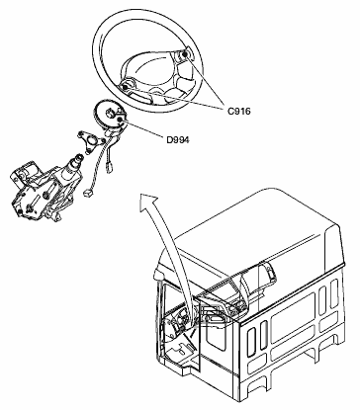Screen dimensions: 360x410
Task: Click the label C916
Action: click(x=239, y=111)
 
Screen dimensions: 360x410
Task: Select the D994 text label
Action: click(x=178, y=140)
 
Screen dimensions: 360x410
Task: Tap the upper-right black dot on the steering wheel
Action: click(x=185, y=54)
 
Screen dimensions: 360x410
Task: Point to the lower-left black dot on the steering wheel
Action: click(x=125, y=87)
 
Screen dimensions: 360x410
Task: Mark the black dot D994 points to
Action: click(x=120, y=121)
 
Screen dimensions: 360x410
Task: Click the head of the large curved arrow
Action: click(x=148, y=202)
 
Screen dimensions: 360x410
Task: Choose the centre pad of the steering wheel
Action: click(x=149, y=72)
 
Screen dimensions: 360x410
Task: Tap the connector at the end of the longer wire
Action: click(x=88, y=193)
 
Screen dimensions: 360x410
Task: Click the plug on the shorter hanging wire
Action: click(x=108, y=170)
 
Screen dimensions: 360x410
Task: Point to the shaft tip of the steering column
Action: click(x=78, y=158)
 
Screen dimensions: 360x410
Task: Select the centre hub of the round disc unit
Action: click(x=110, y=114)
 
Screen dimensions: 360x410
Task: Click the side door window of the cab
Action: click(x=216, y=332)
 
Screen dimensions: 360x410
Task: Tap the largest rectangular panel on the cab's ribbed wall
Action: click(x=293, y=317)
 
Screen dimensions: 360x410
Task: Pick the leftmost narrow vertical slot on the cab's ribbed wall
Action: click(x=252, y=342)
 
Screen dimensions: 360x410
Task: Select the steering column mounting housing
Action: click(x=38, y=188)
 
